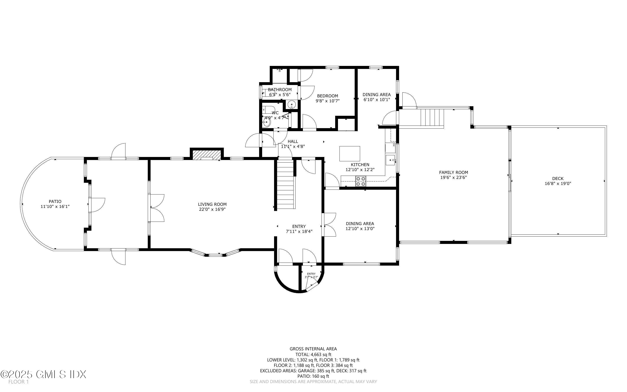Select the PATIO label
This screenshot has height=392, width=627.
(x=55, y=201)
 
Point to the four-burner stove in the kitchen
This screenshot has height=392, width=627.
(x=361, y=181)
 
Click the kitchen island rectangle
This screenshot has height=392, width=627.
(x=350, y=154)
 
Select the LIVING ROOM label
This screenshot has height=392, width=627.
(x=212, y=204)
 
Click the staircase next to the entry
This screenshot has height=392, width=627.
(x=285, y=184)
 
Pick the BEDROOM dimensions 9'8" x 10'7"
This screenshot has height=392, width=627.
(x=327, y=101)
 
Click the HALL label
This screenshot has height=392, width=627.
(x=293, y=141)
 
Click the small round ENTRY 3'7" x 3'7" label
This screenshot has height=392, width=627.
(x=311, y=275)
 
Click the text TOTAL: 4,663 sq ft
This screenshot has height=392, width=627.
(x=313, y=354)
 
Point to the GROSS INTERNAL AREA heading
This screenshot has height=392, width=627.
(x=313, y=349)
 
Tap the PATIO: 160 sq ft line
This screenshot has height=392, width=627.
(x=313, y=376)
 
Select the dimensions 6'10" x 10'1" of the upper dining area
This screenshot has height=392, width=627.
(x=377, y=100)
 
